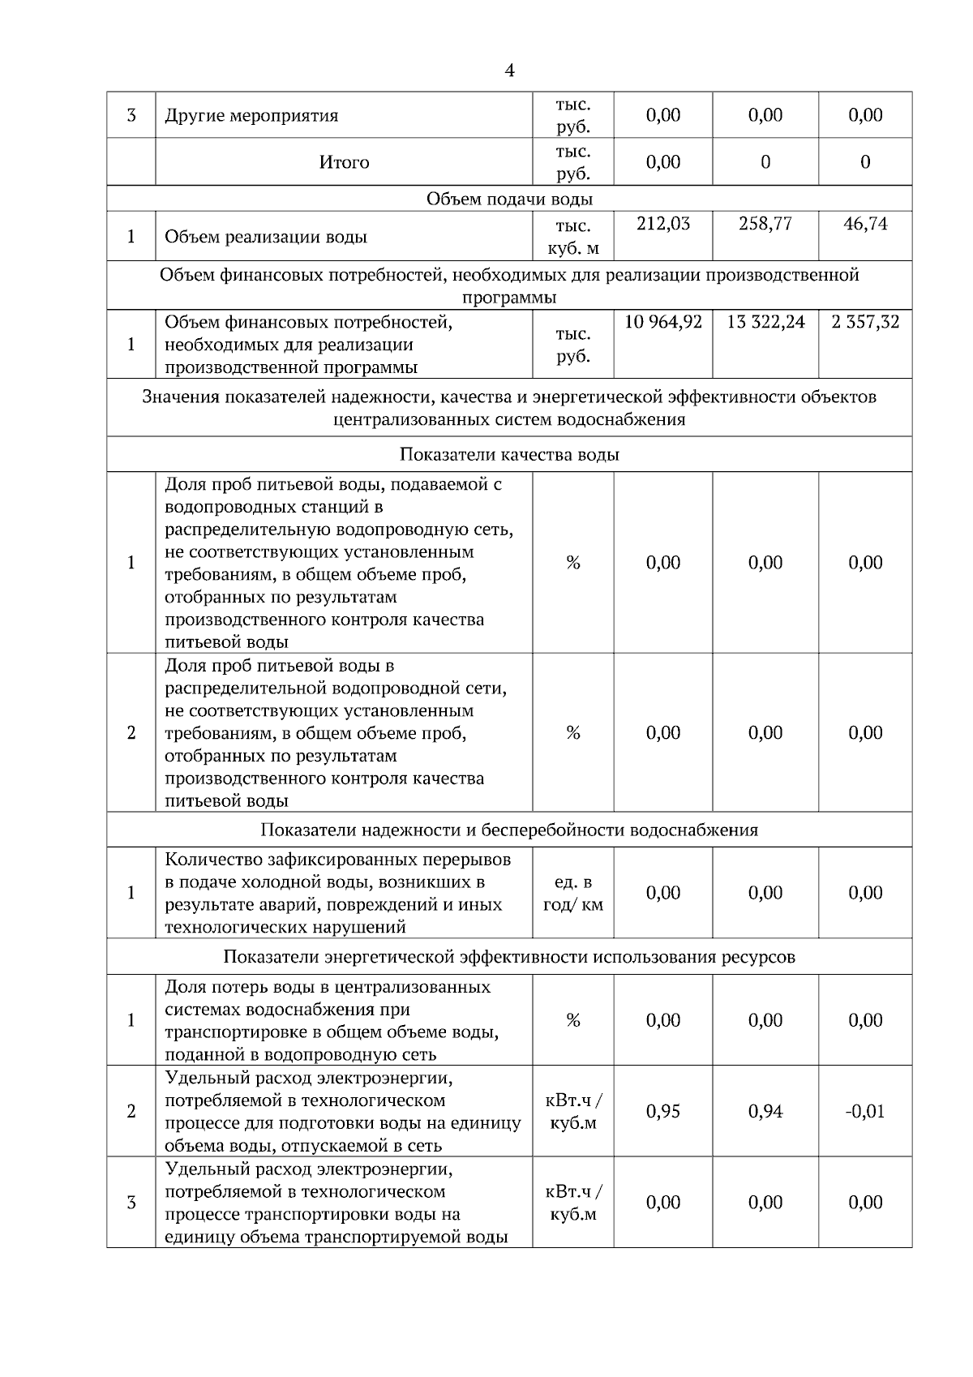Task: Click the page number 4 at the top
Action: click(x=509, y=71)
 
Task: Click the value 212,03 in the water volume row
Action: click(x=663, y=224)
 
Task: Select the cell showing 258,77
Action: click(x=765, y=224)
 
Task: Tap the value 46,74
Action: click(x=865, y=224)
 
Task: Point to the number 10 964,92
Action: click(x=663, y=322)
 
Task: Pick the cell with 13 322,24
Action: click(x=765, y=322)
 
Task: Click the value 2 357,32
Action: click(x=865, y=322)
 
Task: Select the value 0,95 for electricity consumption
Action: click(x=663, y=1111)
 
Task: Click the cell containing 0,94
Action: click(x=765, y=1111)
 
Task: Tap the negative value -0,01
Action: click(x=864, y=1111)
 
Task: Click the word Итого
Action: click(x=344, y=162)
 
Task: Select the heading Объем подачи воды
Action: click(x=509, y=199)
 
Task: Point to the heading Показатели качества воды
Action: click(x=509, y=454)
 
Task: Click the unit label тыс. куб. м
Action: click(x=573, y=237)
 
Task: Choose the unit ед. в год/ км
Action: click(x=573, y=893)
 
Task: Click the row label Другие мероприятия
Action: click(x=251, y=115)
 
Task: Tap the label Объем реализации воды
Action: click(x=266, y=237)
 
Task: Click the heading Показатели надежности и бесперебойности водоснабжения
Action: click(x=509, y=830)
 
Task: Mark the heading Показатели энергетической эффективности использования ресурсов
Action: click(x=509, y=957)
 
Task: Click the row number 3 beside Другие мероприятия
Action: click(x=131, y=115)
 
